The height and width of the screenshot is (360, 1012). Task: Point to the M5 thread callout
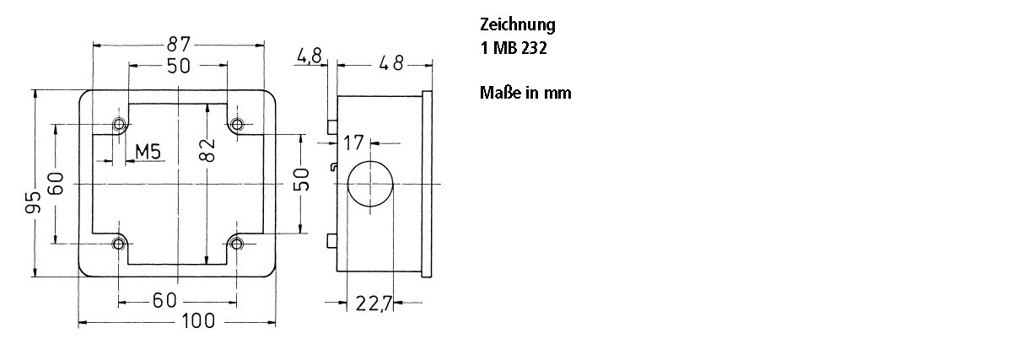pos(148,152)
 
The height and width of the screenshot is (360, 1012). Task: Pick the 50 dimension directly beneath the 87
pos(178,66)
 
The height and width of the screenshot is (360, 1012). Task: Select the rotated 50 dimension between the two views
pos(302,180)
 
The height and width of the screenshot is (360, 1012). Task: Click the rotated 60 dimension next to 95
pos(56,183)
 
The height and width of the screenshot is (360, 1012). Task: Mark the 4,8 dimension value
pos(310,57)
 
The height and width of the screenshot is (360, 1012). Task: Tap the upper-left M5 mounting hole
pos(119,125)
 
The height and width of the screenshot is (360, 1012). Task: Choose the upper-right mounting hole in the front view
pos(237,125)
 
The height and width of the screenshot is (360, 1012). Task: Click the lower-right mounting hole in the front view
pos(237,244)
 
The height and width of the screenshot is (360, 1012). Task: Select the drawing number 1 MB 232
pos(514,49)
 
